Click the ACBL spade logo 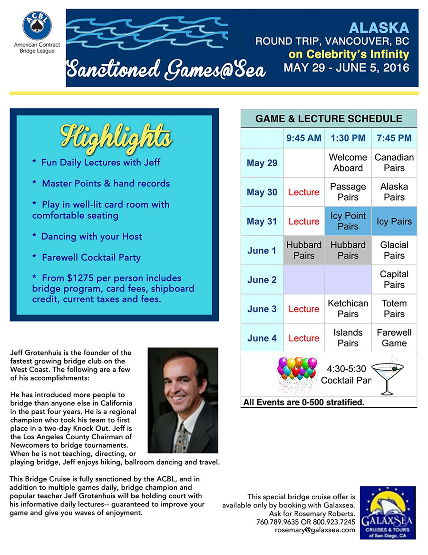pos(37,26)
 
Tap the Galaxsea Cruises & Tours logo pos(387,513)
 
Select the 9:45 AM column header pos(303,138)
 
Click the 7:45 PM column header pos(394,138)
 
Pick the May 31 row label pos(262,222)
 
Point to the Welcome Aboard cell pos(348,162)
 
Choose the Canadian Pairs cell pos(394,162)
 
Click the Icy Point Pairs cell pos(348,221)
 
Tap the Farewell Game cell pos(394,338)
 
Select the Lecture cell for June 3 pos(303,309)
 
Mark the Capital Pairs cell pos(394,280)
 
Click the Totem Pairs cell pos(394,309)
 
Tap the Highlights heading pos(116,136)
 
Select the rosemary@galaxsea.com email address pos(315,530)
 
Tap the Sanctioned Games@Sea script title pos(165,70)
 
